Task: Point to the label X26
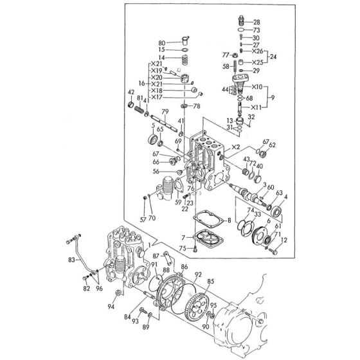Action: pos(257,51)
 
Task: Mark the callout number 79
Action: pos(165,113)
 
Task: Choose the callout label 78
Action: pos(197,105)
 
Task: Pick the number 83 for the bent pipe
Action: pos(71,260)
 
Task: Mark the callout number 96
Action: pos(98,287)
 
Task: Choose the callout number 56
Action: pos(156,172)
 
